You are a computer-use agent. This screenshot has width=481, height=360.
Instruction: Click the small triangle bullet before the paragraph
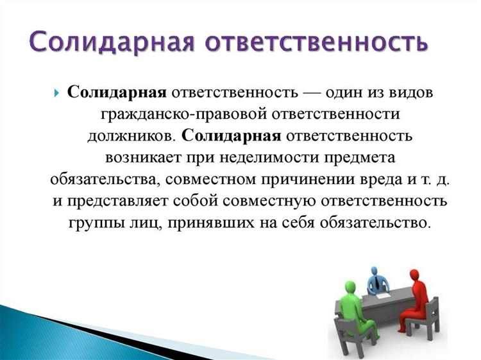58,94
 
